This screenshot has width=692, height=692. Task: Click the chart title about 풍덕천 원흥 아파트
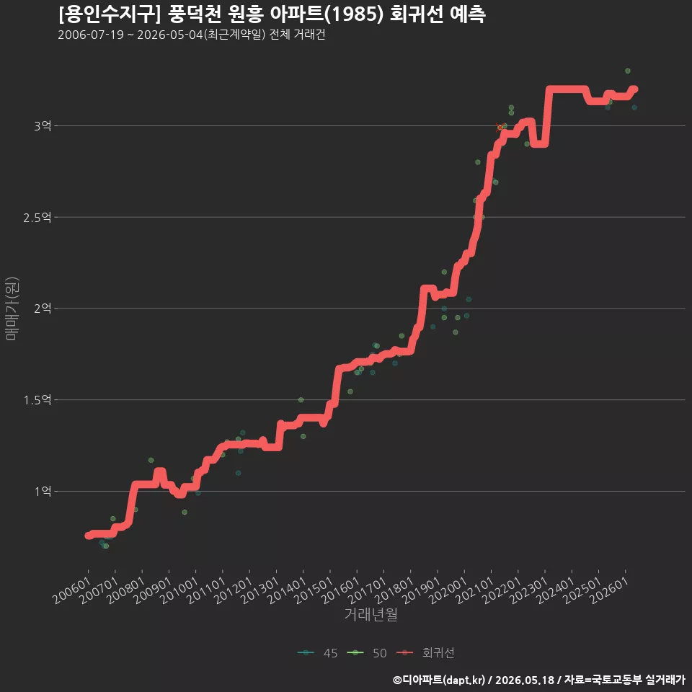(x=272, y=14)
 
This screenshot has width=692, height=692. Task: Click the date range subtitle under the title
(x=192, y=35)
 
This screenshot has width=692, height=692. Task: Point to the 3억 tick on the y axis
(x=43, y=125)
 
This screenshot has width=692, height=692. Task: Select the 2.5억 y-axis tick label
(x=37, y=217)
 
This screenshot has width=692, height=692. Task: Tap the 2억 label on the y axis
(x=43, y=309)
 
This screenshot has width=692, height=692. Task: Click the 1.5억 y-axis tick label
(x=37, y=400)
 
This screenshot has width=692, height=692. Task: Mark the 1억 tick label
(x=43, y=491)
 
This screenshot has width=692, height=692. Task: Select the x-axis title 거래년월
(x=371, y=614)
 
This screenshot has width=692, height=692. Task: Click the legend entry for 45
(x=318, y=653)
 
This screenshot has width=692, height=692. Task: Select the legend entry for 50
(x=367, y=653)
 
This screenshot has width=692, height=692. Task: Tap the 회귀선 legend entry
(x=425, y=653)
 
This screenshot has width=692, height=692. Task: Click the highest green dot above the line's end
(x=628, y=71)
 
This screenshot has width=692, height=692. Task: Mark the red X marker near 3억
(x=500, y=128)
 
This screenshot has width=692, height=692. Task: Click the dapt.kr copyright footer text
(x=539, y=680)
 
